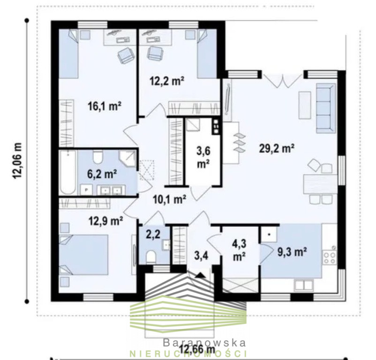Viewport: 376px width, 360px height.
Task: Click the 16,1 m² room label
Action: pyautogui.click(x=104, y=107)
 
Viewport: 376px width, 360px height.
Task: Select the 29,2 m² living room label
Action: pyautogui.click(x=277, y=149)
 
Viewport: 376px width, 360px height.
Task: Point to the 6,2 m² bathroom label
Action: pyautogui.click(x=102, y=174)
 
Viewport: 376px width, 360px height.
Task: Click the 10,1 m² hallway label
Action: pyautogui.click(x=170, y=199)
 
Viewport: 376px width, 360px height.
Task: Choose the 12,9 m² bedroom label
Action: pyautogui.click(x=106, y=221)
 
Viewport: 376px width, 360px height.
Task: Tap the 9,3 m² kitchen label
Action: pyautogui.click(x=292, y=252)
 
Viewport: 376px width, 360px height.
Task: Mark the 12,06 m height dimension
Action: pyautogui.click(x=17, y=161)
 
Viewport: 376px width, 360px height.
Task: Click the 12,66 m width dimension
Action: pyautogui.click(x=197, y=350)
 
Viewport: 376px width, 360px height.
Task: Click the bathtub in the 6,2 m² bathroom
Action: pyautogui.click(x=68, y=172)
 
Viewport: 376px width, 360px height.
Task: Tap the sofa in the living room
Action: pyautogui.click(x=326, y=108)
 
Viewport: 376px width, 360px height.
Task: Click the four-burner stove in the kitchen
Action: pyautogui.click(x=330, y=257)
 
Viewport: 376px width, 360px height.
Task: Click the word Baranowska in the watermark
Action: pyautogui.click(x=204, y=342)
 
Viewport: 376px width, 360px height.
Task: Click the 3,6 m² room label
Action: pyautogui.click(x=203, y=157)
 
